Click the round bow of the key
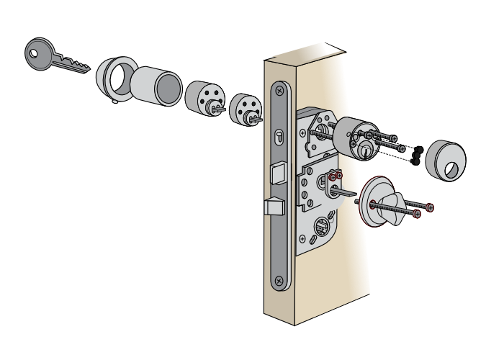(x=40, y=53)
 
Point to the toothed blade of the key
(x=72, y=65)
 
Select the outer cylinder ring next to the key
(x=115, y=78)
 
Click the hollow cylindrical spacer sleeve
(x=156, y=86)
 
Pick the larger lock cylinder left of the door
(x=204, y=99)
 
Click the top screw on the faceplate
(x=279, y=91)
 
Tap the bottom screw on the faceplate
(x=279, y=281)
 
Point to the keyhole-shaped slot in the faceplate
(x=279, y=136)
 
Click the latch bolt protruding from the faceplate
(x=274, y=207)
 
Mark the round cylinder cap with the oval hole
(x=445, y=161)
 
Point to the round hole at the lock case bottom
(x=321, y=226)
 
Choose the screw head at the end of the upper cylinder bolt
(x=393, y=138)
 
